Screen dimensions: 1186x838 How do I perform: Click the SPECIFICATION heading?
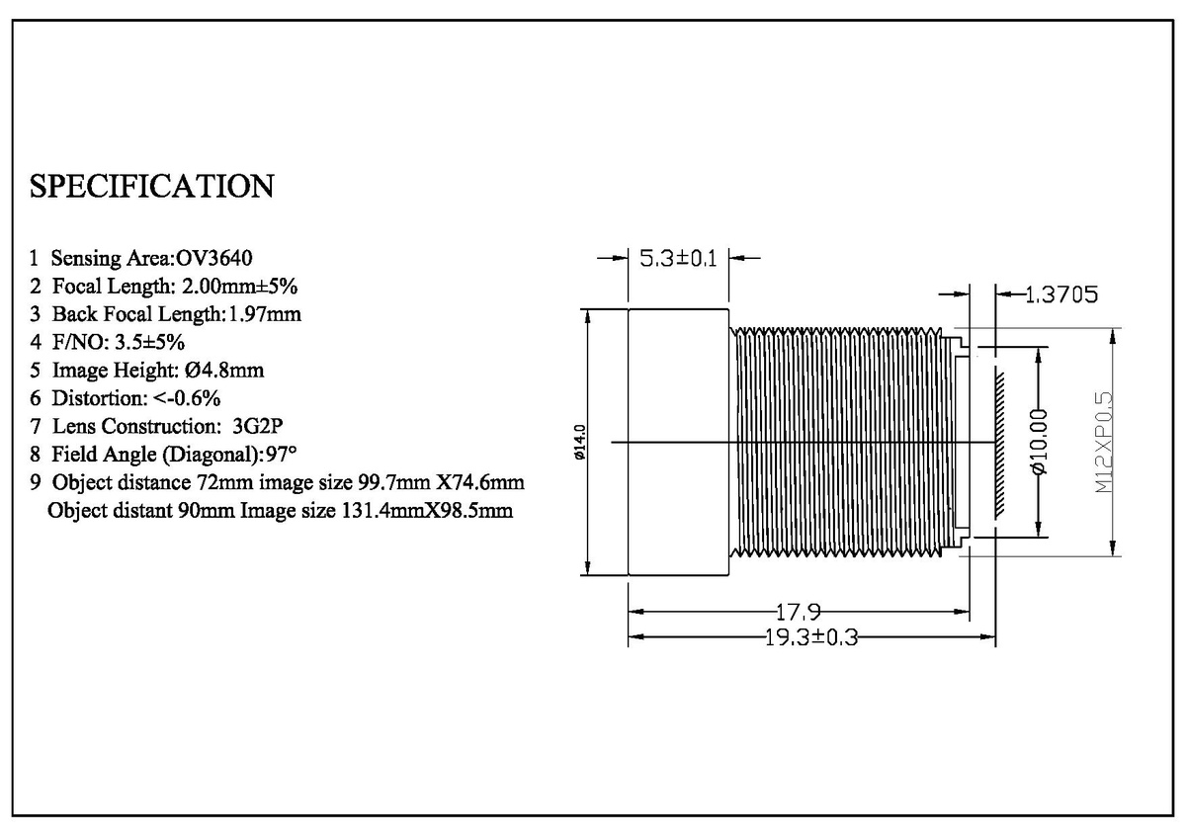(151, 187)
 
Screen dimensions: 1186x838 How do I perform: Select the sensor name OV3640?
(213, 258)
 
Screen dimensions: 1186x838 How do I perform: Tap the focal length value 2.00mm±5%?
(239, 287)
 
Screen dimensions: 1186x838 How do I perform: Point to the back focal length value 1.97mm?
(264, 314)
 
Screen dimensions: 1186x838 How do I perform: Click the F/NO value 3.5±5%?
(150, 343)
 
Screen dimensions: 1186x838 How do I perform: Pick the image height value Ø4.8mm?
(224, 370)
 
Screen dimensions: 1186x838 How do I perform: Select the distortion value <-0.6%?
(187, 398)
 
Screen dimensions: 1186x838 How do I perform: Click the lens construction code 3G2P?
(258, 426)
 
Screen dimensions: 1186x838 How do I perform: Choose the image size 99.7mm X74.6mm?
(441, 482)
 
